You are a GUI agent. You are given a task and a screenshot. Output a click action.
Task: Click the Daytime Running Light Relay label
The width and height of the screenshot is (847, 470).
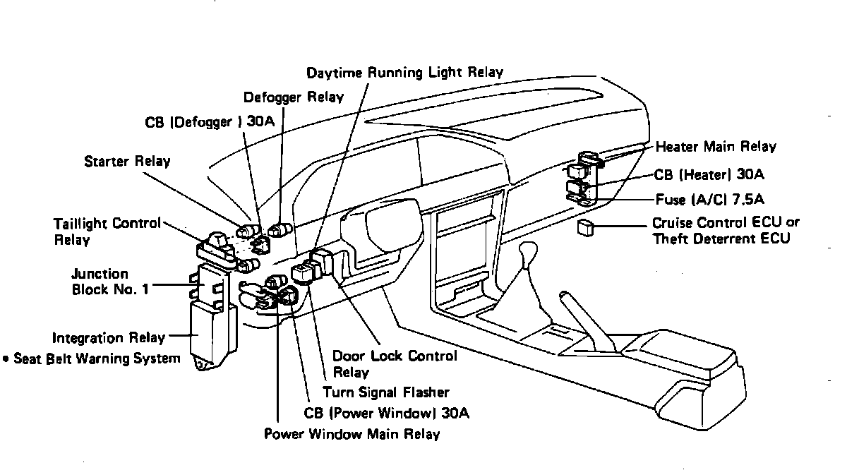404,73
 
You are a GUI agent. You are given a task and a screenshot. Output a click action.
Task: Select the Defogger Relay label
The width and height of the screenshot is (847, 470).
293,97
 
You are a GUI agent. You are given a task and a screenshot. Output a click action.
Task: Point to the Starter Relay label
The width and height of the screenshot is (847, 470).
127,161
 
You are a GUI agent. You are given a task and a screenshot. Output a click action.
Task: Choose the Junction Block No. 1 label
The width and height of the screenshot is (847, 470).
110,281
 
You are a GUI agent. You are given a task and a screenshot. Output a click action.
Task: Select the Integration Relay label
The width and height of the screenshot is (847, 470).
108,338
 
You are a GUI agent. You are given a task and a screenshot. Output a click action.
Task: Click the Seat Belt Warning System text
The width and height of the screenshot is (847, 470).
97,358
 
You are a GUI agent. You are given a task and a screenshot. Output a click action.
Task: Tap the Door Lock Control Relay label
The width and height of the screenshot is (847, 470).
395,363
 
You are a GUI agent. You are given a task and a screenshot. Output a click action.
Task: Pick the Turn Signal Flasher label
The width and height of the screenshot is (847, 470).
385,392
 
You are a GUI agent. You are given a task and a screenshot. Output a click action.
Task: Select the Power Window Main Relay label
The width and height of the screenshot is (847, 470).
352,433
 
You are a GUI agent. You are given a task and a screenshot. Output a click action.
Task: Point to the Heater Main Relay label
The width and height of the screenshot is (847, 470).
716,147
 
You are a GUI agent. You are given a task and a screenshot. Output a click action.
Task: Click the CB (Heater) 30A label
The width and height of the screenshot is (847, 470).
709,174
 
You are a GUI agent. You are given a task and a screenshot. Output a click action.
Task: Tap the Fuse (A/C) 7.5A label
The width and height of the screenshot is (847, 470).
709,200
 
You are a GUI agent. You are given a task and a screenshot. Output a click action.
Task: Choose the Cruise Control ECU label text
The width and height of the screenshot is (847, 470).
726,223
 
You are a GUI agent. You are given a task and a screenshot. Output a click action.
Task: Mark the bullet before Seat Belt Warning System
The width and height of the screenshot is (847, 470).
6,359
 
